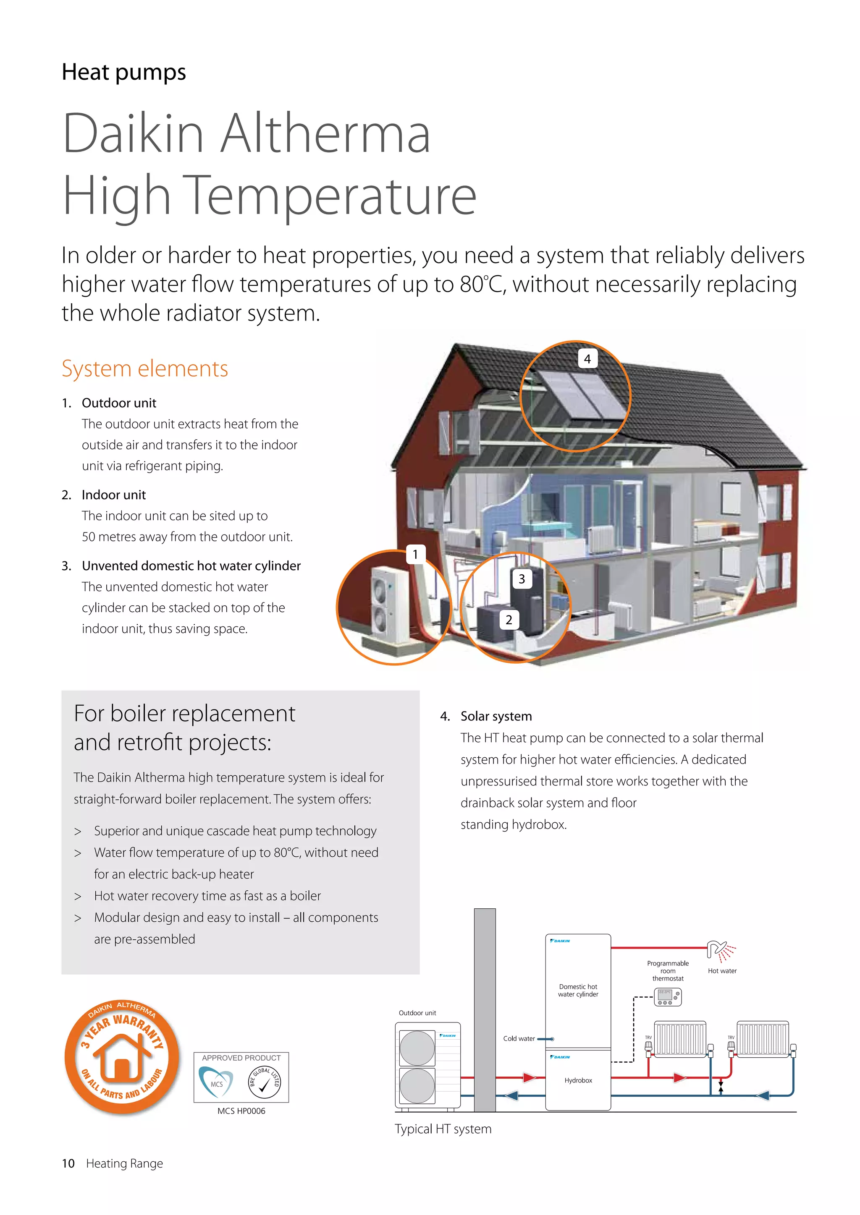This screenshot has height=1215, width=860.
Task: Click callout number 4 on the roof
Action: pos(587,359)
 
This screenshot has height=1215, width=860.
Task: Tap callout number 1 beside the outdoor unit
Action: pos(415,554)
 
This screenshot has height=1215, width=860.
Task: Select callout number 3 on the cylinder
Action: pos(522,579)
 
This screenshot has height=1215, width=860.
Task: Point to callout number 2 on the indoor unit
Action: pos(509,620)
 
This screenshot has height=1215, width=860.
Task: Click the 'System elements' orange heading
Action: pos(144,368)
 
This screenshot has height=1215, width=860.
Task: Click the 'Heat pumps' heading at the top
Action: pos(124,72)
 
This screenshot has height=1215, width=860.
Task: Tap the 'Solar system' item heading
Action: pos(496,716)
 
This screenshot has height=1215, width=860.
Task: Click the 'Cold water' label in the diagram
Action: pos(519,1038)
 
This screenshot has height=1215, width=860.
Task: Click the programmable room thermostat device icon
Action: pos(668,996)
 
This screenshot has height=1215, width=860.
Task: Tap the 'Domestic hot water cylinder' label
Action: pos(578,990)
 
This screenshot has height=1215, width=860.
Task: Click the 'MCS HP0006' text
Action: pos(241,1111)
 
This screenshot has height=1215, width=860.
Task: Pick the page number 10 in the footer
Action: pos(68,1163)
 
